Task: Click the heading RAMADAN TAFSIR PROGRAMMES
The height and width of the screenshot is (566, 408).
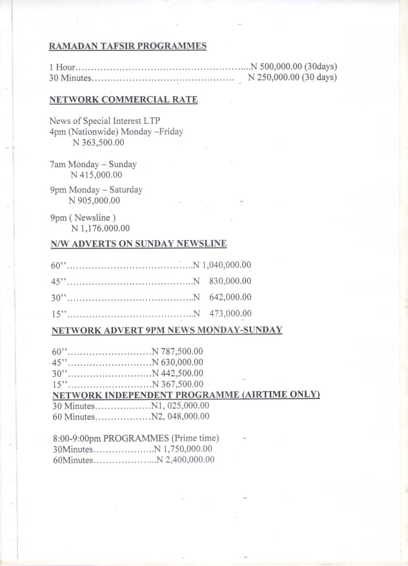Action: coord(128,46)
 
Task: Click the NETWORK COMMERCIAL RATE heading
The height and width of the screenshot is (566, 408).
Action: coord(123,99)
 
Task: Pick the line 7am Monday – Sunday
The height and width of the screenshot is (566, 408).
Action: coord(93,165)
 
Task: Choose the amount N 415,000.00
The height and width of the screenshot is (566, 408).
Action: coord(96,175)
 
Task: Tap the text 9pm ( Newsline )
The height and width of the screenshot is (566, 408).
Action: coord(83,218)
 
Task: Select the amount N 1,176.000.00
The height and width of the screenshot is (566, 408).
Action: coord(100,228)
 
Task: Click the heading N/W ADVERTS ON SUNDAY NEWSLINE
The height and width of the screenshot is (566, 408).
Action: coord(139,244)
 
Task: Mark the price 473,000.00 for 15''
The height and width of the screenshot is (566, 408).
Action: coord(230,314)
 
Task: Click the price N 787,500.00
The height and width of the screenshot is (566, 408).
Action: coord(177,352)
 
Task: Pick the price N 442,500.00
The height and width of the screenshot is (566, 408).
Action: coord(177,373)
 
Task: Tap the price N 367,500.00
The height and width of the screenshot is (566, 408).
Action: coord(177,384)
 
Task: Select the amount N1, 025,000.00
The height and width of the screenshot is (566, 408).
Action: coord(179,406)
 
